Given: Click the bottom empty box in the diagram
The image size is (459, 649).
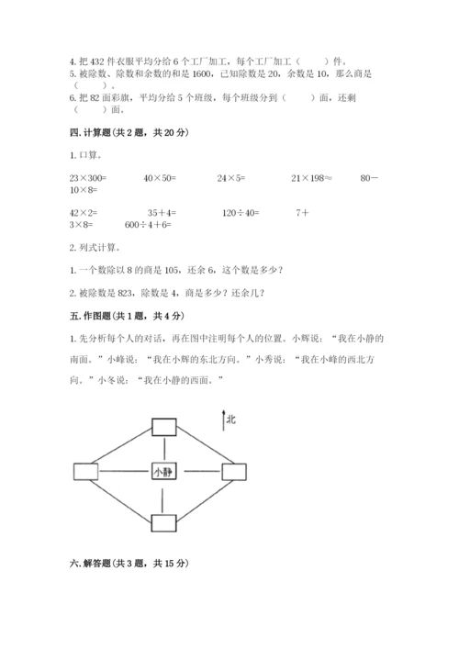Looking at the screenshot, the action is (x=164, y=522).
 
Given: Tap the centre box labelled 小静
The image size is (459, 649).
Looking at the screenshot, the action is (x=163, y=472).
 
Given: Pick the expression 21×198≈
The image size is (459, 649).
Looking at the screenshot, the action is (x=312, y=176).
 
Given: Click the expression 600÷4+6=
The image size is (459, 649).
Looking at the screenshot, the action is (x=149, y=224).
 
